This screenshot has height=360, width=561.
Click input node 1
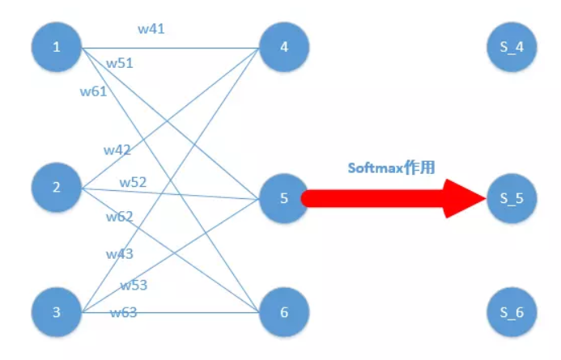pos(57,47)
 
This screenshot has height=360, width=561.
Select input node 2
pos(57,188)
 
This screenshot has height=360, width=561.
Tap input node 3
pos(57,312)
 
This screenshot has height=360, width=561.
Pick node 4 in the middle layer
pos(284,47)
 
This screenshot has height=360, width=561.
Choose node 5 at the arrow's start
pos(284,197)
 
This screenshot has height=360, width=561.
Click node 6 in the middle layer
pos(284,312)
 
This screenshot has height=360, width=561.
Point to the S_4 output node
pos(512,47)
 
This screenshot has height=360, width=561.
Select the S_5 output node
pos(512,197)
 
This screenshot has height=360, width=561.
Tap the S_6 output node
pos(512,312)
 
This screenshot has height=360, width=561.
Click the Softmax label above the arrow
pos(392,168)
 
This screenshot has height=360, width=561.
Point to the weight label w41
pos(152,29)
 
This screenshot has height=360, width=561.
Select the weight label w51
pos(120,62)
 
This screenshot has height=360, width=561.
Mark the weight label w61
pos(93,91)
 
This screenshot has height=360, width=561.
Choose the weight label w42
pos(117,150)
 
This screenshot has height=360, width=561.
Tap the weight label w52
pos(133,182)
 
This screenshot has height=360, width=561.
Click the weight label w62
pos(119,216)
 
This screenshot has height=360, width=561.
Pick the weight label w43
pos(120,254)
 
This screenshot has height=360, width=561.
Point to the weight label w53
pos(134,285)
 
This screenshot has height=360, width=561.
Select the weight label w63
pos(124,312)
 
